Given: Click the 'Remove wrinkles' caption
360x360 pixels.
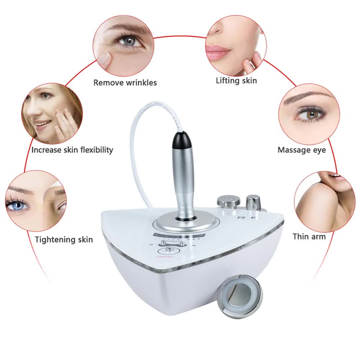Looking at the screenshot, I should pos(125,82).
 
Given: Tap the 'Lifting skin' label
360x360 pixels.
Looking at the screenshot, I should pos(236,80).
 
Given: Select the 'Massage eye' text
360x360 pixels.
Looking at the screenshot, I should pos(301,150).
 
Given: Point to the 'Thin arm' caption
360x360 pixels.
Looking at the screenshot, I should pos(309,237).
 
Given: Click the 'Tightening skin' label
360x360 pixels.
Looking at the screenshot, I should pos(64,239).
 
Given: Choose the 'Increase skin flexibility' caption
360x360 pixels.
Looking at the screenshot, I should pos(72,150).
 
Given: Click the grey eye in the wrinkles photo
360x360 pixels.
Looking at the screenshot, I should pos(127,41).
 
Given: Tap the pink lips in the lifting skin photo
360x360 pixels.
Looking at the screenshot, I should pos(217,51).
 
